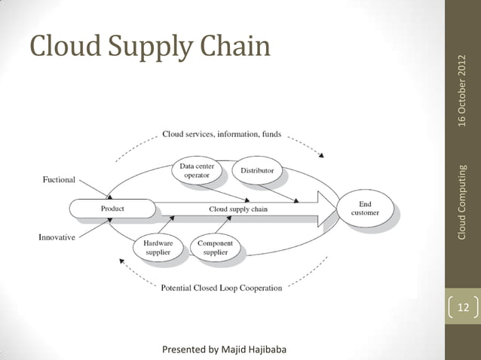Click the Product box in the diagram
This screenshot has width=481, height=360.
coord(112,208)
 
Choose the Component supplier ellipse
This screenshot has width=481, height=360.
coord(215,247)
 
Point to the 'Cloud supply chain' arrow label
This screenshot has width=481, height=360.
coord(237,209)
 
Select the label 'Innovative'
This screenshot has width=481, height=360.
coord(57,237)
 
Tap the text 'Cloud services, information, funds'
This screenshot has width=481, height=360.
coord(222,135)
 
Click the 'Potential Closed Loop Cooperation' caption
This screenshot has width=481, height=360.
coord(222,288)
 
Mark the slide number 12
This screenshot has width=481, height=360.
coord(463,307)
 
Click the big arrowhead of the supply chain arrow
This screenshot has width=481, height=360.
coord(328,209)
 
